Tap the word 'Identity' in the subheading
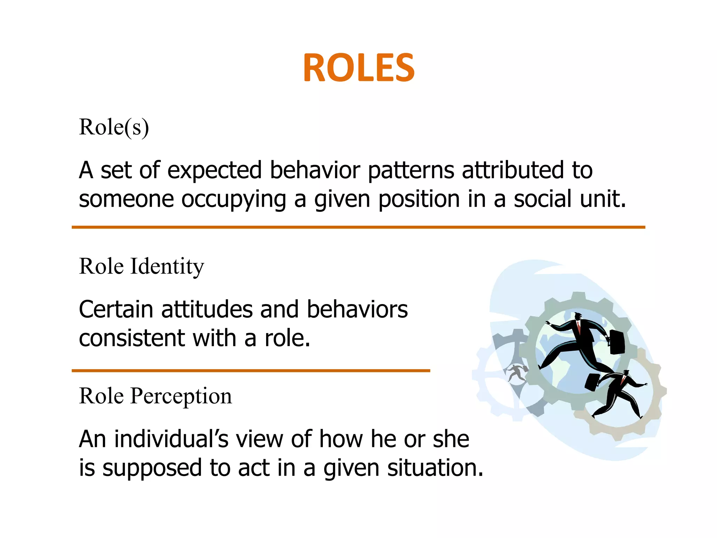[167, 267]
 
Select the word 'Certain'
[116, 309]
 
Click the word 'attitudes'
[207, 309]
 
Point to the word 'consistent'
[132, 338]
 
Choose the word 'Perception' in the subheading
[181, 396]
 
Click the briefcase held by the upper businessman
[617, 342]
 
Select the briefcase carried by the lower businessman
[592, 382]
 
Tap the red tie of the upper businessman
[579, 328]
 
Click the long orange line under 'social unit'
[358, 227]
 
